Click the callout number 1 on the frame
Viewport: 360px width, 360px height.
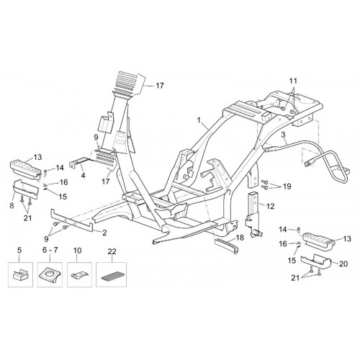pyautogui.click(x=199, y=120)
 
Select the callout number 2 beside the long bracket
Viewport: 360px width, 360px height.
pyautogui.click(x=104, y=233)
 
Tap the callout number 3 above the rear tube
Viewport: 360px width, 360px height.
pyautogui.click(x=283, y=135)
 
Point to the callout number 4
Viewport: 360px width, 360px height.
pyautogui.click(x=83, y=176)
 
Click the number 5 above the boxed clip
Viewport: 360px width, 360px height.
pyautogui.click(x=19, y=250)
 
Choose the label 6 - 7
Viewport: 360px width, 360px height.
pyautogui.click(x=50, y=250)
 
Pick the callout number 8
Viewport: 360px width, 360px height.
pyautogui.click(x=12, y=205)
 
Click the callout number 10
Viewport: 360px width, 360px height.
pyautogui.click(x=77, y=250)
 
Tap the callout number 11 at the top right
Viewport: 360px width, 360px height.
pyautogui.click(x=292, y=81)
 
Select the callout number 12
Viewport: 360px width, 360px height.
pyautogui.click(x=270, y=206)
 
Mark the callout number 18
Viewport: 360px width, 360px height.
pyautogui.click(x=240, y=238)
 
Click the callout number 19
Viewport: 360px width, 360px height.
pyautogui.click(x=287, y=186)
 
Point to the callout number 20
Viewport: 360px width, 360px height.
pyautogui.click(x=343, y=264)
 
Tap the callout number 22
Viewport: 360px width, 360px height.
pyautogui.click(x=112, y=251)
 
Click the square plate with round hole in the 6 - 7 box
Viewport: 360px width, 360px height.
pyautogui.click(x=50, y=275)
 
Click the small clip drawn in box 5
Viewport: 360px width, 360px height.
pyautogui.click(x=19, y=275)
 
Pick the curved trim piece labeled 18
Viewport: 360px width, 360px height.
pyautogui.click(x=227, y=244)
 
